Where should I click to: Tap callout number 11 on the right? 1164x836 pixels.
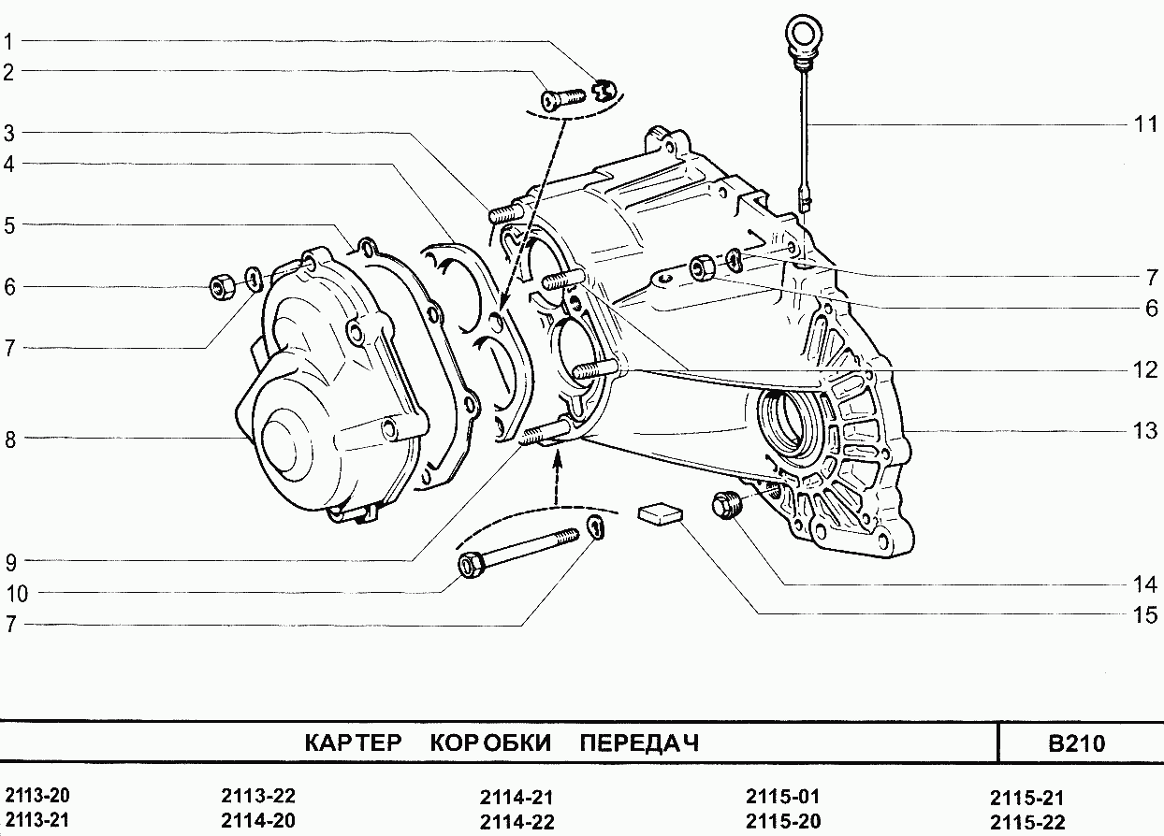click(1144, 124)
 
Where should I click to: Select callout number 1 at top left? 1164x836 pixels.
click(8, 41)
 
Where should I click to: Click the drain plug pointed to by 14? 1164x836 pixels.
click(726, 505)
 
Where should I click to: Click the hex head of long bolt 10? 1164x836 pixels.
click(470, 565)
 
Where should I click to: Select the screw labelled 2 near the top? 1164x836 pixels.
click(561, 96)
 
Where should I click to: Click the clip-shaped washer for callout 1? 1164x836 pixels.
click(604, 90)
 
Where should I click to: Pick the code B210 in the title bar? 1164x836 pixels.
click(1076, 744)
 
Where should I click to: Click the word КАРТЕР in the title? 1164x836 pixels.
click(353, 743)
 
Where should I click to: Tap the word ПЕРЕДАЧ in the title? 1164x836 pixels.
click(639, 743)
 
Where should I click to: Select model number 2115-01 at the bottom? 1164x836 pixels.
click(782, 797)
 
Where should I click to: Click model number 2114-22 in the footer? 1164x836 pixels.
click(517, 822)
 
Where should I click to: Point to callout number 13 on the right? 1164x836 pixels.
click(1144, 431)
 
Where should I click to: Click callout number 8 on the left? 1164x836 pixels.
click(9, 439)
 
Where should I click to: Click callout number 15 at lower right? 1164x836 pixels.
click(1144, 614)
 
